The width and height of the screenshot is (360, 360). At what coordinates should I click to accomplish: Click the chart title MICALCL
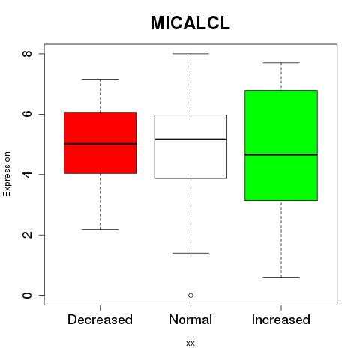pyautogui.click(x=190, y=23)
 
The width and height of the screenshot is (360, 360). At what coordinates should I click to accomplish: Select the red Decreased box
pyautogui.click(x=100, y=142)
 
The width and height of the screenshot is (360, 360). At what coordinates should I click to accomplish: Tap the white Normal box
pyautogui.click(x=190, y=147)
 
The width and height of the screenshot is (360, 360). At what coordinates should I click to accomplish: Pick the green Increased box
pyautogui.click(x=281, y=145)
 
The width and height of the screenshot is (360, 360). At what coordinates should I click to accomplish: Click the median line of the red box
pyautogui.click(x=100, y=144)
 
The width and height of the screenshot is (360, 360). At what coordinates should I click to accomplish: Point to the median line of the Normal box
pyautogui.click(x=190, y=139)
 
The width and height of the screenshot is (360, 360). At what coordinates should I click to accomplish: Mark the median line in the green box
pyautogui.click(x=281, y=154)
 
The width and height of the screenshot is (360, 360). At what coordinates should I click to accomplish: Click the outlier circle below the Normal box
pyautogui.click(x=190, y=295)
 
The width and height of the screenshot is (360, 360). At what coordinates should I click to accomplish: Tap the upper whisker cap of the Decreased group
pyautogui.click(x=100, y=79)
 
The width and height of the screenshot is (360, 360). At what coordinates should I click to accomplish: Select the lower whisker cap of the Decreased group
pyautogui.click(x=100, y=229)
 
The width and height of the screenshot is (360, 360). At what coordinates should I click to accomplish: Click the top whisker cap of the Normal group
pyautogui.click(x=190, y=54)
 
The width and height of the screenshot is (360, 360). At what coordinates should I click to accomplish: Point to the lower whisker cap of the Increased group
pyautogui.click(x=281, y=277)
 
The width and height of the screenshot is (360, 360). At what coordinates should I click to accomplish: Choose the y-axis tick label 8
pyautogui.click(x=27, y=54)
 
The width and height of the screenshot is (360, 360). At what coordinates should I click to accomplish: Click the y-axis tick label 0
pyautogui.click(x=27, y=295)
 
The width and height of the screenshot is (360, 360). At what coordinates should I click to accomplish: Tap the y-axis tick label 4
pyautogui.click(x=27, y=174)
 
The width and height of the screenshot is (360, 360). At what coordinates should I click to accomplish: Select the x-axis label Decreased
pyautogui.click(x=100, y=319)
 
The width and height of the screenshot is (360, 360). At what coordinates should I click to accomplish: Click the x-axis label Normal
pyautogui.click(x=190, y=319)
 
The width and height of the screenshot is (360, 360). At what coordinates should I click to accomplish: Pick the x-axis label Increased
pyautogui.click(x=281, y=319)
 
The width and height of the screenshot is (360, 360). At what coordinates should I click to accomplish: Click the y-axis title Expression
pyautogui.click(x=7, y=174)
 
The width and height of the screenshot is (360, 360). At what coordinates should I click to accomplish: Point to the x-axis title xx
pyautogui.click(x=190, y=343)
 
